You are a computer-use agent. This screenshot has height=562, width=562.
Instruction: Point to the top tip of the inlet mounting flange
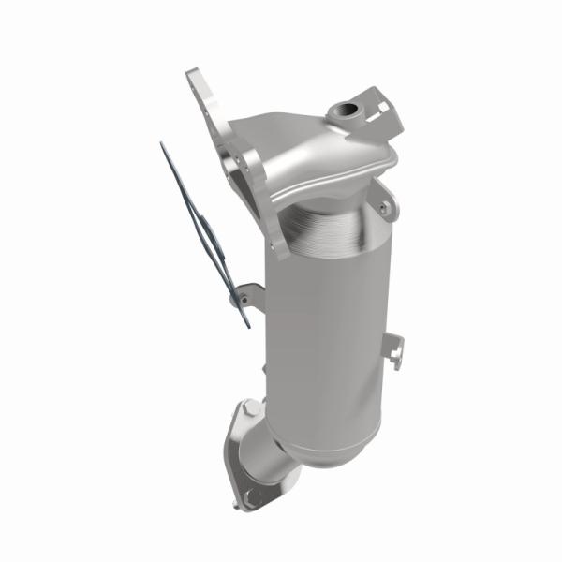pos(193,74)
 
